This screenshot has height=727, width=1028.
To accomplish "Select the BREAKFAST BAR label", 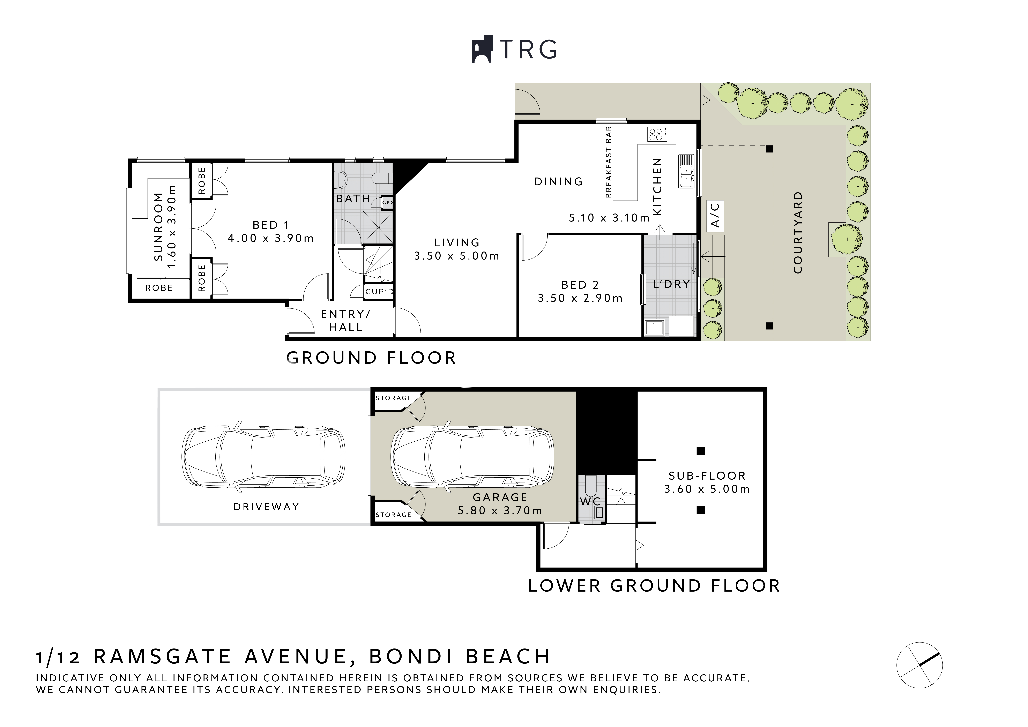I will tap(609, 162).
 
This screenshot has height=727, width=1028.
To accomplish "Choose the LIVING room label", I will tap(457, 243).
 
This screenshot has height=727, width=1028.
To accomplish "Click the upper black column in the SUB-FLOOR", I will tap(701, 451).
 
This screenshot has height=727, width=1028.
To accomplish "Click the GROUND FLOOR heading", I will tap(371, 358).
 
